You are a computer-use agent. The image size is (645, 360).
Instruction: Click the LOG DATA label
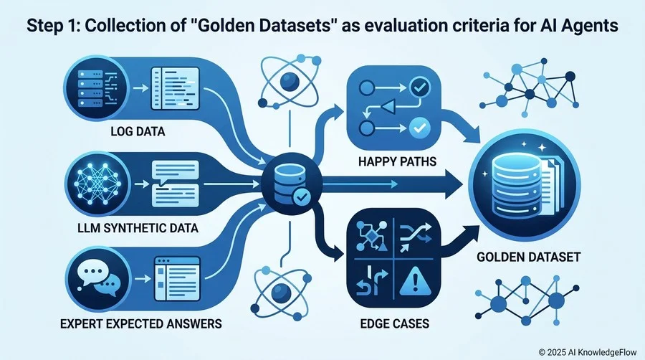(138, 132)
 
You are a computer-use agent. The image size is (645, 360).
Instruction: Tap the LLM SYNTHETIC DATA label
(138, 228)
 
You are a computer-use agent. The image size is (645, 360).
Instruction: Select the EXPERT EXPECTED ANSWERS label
(140, 324)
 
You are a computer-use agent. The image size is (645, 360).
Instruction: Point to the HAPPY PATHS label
(397, 161)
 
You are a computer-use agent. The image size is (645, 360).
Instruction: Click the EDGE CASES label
(394, 324)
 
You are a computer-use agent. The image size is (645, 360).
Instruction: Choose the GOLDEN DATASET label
(529, 257)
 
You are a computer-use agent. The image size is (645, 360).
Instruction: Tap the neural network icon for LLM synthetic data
(97, 184)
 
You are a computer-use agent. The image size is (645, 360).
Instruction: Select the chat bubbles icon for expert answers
(99, 277)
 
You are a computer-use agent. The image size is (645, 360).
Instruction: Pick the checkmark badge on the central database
(302, 198)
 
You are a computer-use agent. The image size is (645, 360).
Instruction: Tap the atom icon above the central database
(290, 82)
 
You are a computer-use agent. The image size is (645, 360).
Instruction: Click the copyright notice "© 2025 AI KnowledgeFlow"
(588, 352)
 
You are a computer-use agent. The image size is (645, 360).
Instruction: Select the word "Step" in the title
(44, 26)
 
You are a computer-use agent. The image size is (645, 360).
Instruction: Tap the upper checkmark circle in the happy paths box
(420, 87)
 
